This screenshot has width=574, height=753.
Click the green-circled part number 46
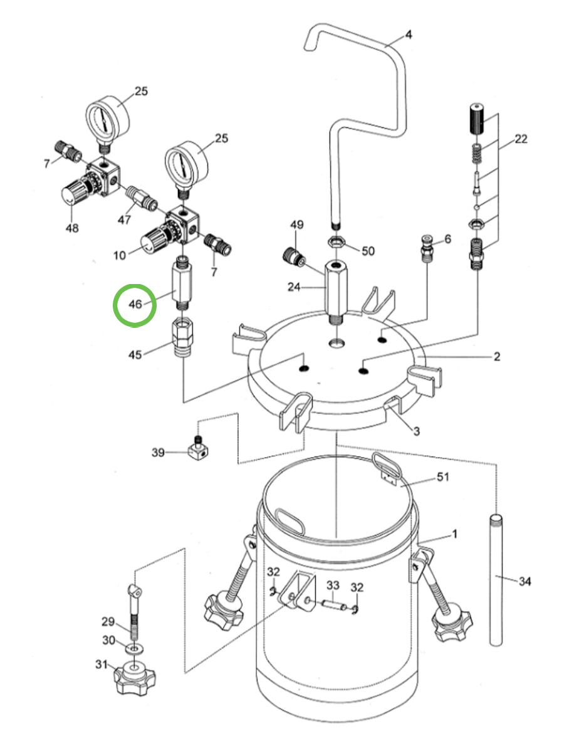(x=135, y=304)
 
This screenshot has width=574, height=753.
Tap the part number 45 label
(x=135, y=354)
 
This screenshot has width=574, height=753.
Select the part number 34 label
(x=524, y=582)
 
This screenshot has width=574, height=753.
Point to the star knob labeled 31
(x=134, y=675)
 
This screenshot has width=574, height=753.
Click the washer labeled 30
(x=134, y=646)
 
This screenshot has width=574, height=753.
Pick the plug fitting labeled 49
(x=293, y=256)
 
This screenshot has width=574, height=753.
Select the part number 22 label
(x=521, y=139)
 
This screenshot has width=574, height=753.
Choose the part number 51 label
(x=443, y=477)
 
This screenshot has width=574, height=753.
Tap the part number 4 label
(x=408, y=34)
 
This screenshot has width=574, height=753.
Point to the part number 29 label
(x=108, y=622)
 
